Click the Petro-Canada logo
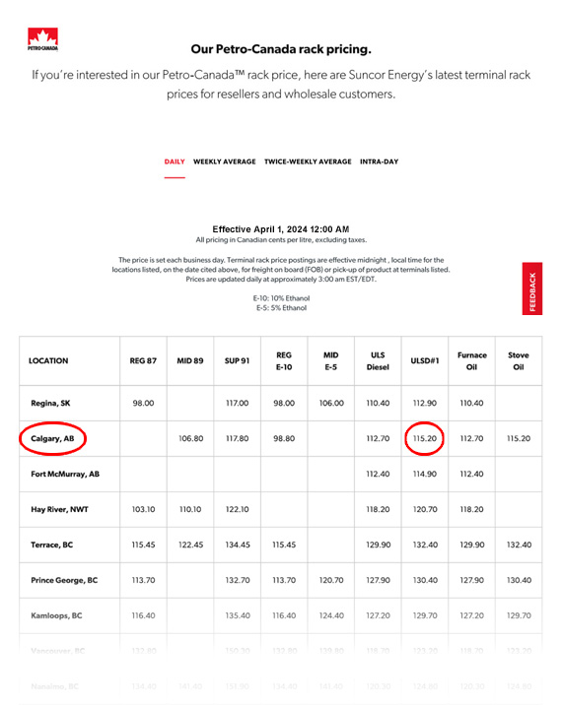[41, 39]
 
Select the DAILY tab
[175, 161]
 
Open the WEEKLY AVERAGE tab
[225, 161]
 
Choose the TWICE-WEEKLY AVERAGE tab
[308, 161]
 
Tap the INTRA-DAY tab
[381, 161]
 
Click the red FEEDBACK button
[532, 289]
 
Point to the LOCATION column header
[49, 360]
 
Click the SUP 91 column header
[236, 360]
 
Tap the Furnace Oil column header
[471, 360]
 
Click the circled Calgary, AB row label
[51, 438]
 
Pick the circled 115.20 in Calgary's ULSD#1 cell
[425, 438]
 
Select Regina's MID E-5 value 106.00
[331, 403]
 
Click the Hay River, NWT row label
[59, 510]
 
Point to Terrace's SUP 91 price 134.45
[237, 545]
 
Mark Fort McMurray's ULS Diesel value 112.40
[378, 474]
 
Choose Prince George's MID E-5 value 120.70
[331, 580]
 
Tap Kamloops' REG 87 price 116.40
[143, 614]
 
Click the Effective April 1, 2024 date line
[281, 228]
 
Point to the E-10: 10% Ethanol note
[281, 297]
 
